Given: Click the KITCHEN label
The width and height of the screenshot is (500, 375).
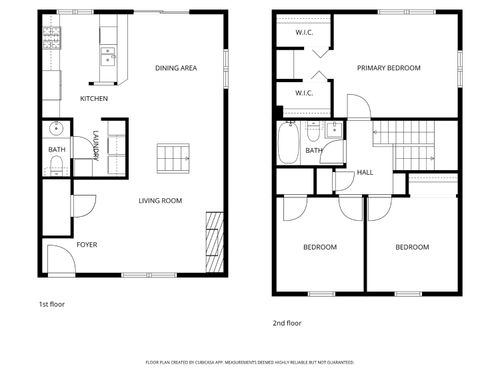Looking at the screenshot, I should click(x=94, y=99).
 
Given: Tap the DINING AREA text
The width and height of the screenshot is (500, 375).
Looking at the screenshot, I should click(x=175, y=68).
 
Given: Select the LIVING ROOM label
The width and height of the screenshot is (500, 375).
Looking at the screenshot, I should click(x=160, y=201).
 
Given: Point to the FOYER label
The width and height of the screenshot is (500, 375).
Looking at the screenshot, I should click(x=88, y=244).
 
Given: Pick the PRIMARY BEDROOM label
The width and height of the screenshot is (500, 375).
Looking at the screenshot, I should click(x=390, y=68).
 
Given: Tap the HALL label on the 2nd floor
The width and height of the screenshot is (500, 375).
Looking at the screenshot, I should click(x=366, y=172).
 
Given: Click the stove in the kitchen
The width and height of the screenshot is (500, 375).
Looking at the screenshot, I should click(x=52, y=38).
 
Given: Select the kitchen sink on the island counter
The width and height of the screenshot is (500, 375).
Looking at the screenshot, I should click(x=107, y=55).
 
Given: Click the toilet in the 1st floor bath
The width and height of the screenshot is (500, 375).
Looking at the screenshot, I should click(x=56, y=164).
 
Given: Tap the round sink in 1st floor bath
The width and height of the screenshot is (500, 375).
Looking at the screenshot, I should click(x=56, y=128).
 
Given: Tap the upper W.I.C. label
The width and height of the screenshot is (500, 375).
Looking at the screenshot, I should click(x=305, y=33).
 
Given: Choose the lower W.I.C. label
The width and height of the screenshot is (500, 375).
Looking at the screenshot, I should click(x=305, y=93).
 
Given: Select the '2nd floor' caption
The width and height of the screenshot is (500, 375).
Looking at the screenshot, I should click(x=286, y=322).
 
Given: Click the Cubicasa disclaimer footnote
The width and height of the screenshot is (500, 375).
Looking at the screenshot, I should click(x=249, y=361).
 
